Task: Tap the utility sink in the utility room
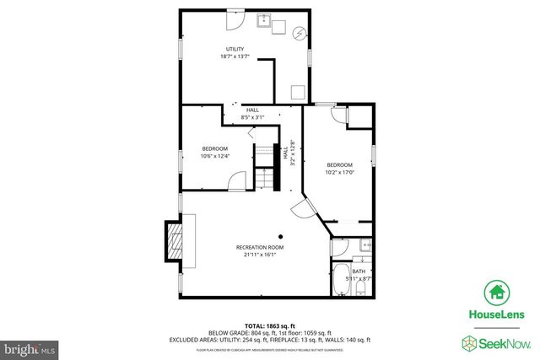click(264, 22)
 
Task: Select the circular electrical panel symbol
click(300, 33)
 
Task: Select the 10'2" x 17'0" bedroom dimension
click(340, 172)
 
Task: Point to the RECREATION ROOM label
click(259, 247)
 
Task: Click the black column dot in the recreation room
click(283, 236)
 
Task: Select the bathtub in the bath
click(342, 281)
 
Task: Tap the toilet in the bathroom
click(361, 289)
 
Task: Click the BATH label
click(359, 271)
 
